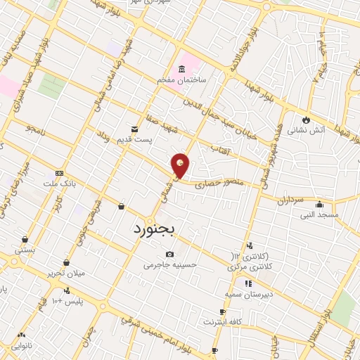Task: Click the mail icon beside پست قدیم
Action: pyautogui.click(x=134, y=129)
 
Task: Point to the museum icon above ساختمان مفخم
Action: pyautogui.click(x=182, y=69)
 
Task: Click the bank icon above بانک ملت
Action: pyautogui.click(x=59, y=173)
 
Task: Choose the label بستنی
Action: pyautogui.click(x=25, y=250)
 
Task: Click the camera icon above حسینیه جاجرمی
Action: pyautogui.click(x=169, y=254)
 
